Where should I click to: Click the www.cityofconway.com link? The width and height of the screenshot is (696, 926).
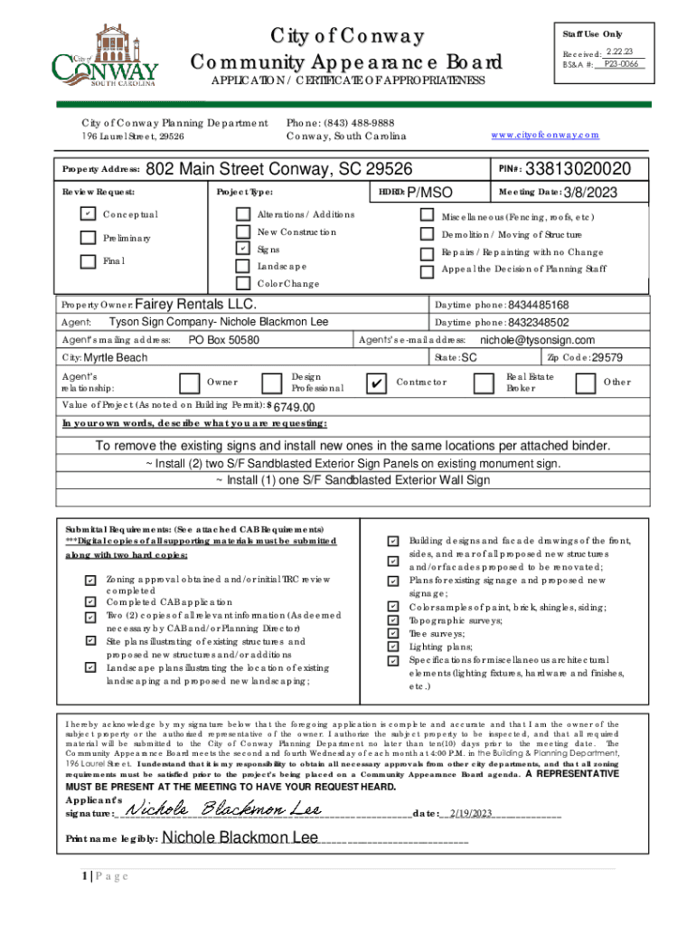point(545,135)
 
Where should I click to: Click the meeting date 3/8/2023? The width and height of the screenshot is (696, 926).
point(592,192)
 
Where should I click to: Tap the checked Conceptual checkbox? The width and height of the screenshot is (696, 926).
point(87,214)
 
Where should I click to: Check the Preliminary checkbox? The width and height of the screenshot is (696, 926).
point(87,239)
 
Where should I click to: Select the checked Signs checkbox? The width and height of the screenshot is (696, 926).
point(242,249)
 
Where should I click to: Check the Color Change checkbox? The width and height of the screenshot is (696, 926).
point(242,283)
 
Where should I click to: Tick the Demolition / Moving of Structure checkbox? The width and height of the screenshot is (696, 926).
point(427,234)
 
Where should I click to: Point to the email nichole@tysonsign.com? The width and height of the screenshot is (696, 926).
point(537,340)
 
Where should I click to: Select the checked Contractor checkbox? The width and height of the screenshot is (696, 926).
point(375,383)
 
